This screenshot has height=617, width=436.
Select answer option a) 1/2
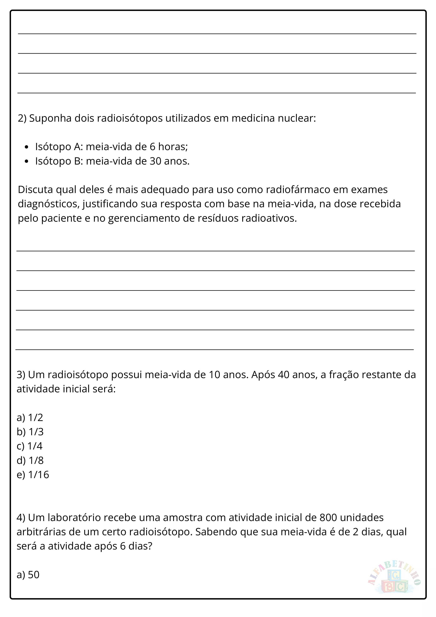30,417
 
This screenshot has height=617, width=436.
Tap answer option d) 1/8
30,460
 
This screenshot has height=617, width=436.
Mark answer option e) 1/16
33,475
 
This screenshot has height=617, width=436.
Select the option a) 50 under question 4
28,574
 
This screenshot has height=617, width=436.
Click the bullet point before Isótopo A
26,147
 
